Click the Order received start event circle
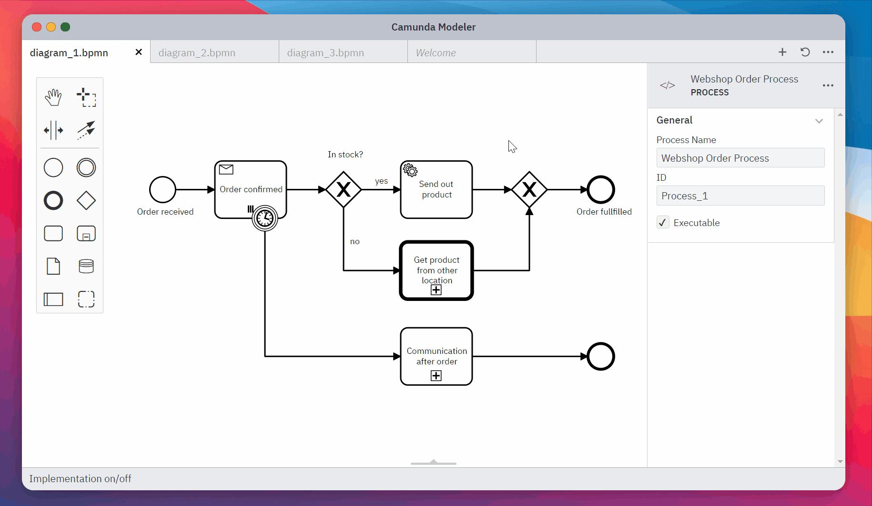[162, 190]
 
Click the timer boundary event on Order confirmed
[265, 218]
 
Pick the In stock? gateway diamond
[344, 190]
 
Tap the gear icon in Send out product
[410, 170]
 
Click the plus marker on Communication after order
[436, 376]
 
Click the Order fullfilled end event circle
[600, 190]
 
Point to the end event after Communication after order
[600, 356]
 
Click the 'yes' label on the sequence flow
[381, 181]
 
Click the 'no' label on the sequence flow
[355, 242]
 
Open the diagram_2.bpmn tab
[197, 52]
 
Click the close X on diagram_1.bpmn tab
[139, 52]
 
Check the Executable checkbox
[663, 223]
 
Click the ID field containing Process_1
[740, 196]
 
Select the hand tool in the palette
[53, 97]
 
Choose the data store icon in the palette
[86, 266]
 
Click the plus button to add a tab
[782, 52]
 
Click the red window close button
[37, 27]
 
